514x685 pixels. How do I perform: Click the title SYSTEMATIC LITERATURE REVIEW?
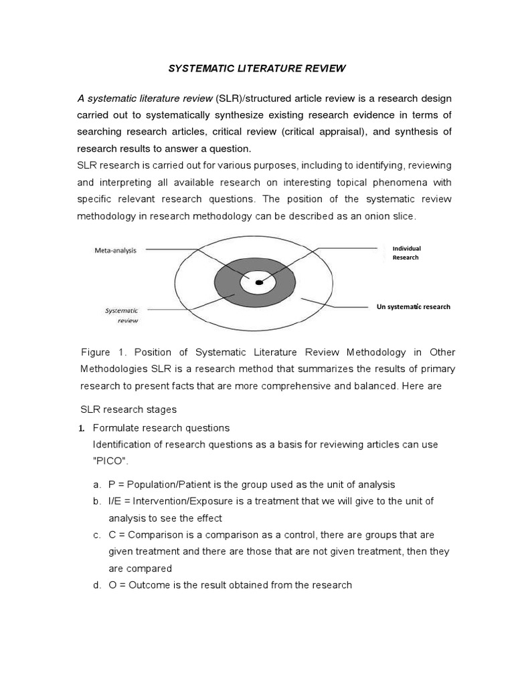pyautogui.click(x=257, y=68)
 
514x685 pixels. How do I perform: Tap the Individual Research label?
pyautogui.click(x=406, y=253)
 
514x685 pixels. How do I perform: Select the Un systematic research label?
pyautogui.click(x=414, y=306)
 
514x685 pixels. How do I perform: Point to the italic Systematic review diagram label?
pyautogui.click(x=122, y=315)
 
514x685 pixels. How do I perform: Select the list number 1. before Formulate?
pyautogui.click(x=83, y=428)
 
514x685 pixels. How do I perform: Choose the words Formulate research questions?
pyautogui.click(x=161, y=428)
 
